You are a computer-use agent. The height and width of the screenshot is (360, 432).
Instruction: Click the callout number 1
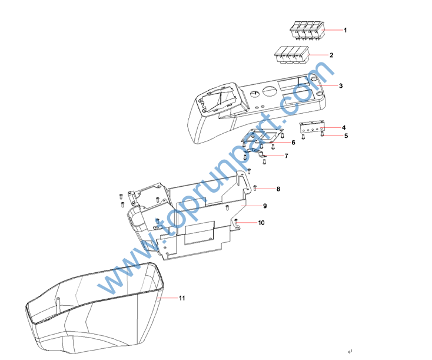[x=345, y=30]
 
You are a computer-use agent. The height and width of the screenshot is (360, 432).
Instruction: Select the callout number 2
[x=331, y=55]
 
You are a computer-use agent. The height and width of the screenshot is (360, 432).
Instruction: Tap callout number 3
[x=341, y=86]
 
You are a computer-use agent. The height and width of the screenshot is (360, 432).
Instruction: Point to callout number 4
[x=344, y=128]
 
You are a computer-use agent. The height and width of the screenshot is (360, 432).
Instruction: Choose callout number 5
[x=346, y=136]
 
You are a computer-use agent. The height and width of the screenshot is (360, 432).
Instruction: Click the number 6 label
[x=293, y=143]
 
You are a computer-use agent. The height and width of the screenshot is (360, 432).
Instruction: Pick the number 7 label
[x=286, y=156]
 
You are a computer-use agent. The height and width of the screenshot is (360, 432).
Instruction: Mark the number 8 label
[x=278, y=189]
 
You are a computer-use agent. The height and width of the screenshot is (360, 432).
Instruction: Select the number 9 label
[x=265, y=206]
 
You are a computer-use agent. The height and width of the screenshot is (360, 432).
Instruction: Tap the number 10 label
[x=261, y=223]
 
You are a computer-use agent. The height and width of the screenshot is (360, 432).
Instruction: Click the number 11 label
[x=182, y=298]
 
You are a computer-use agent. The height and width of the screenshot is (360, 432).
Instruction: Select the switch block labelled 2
[x=292, y=54]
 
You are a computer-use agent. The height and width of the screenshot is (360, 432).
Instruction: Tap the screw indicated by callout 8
[x=255, y=189]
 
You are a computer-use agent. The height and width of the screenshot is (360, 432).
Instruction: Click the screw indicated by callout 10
[x=235, y=222]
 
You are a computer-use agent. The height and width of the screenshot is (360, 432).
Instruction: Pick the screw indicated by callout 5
[x=323, y=134]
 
